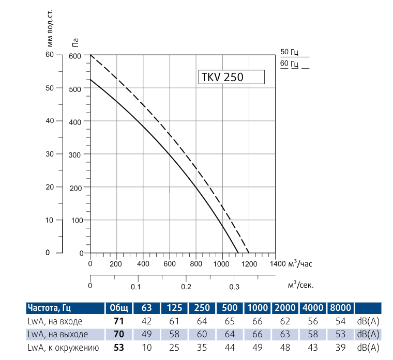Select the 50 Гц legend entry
(290, 52)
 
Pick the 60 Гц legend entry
(290, 64)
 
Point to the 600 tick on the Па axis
(75, 55)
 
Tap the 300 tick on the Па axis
(75, 154)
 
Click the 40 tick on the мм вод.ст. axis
(50, 121)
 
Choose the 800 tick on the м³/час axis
(196, 264)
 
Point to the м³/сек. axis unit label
(300, 285)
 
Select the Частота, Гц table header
(49, 308)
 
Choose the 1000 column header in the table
(258, 308)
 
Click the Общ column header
(118, 308)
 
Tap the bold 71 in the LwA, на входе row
(118, 321)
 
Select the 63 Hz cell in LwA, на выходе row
(146, 334)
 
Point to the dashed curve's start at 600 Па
(90, 55)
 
